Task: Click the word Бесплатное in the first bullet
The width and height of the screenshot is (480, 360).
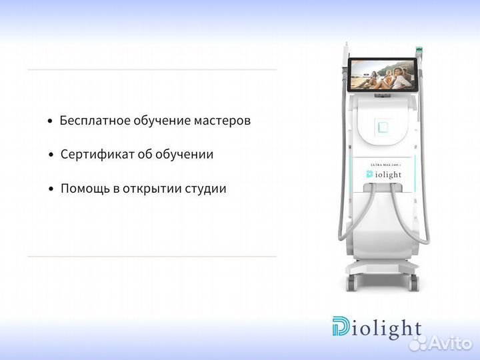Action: tap(91, 121)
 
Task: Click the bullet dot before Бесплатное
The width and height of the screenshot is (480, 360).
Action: tap(50, 122)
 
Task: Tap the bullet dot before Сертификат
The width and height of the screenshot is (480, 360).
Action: tap(51, 155)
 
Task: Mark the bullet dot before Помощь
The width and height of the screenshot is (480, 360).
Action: tap(51, 189)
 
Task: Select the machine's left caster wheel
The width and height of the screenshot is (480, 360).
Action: tap(351, 283)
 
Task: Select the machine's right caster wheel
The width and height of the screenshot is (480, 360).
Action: tap(414, 283)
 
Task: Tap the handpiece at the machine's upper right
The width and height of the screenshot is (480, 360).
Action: tap(419, 52)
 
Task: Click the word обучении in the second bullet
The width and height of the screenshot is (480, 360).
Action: tap(185, 155)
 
